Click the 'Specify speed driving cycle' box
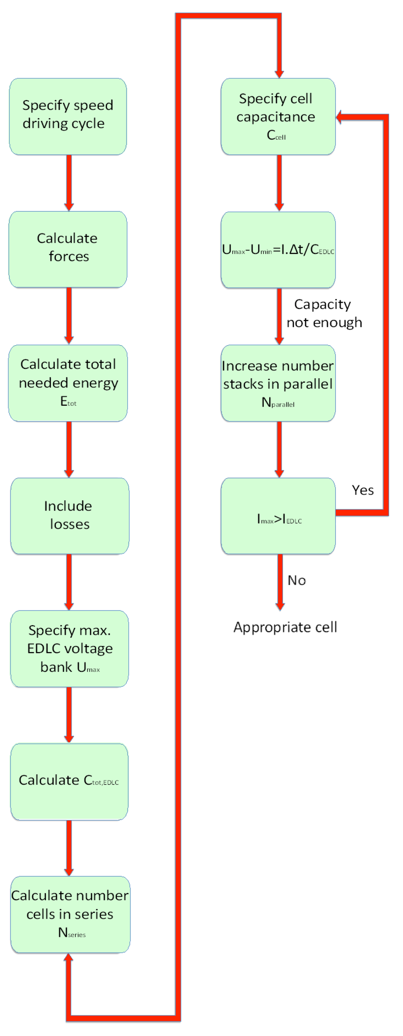(68, 117)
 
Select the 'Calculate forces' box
(68, 249)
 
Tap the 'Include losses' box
(70, 516)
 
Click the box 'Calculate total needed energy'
(68, 383)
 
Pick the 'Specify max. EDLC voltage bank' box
(70, 649)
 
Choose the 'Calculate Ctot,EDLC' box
(69, 781)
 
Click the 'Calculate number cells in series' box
(70, 914)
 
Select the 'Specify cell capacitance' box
(278, 117)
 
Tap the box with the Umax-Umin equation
(278, 250)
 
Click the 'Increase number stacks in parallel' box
(278, 383)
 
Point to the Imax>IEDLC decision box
(278, 516)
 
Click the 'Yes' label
(363, 490)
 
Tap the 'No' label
(297, 580)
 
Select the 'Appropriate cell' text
(285, 627)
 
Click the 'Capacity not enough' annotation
(324, 313)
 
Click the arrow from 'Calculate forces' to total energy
(69, 316)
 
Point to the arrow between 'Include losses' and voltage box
(69, 582)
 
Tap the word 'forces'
(69, 257)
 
